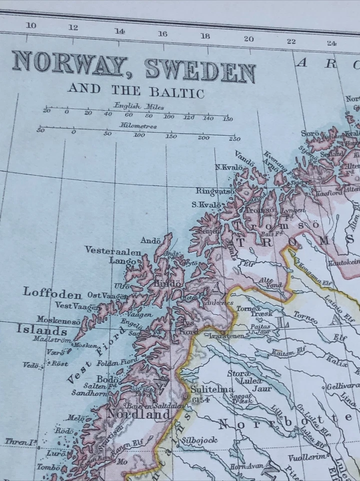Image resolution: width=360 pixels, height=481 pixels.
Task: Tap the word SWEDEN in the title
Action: (x=201, y=72)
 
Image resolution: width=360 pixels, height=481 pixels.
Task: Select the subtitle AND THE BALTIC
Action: (x=136, y=91)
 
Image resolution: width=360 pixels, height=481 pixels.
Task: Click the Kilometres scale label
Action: (x=138, y=126)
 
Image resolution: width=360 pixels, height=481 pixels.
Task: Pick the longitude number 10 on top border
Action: (x=31, y=26)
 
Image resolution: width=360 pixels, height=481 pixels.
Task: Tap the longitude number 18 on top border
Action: (x=205, y=36)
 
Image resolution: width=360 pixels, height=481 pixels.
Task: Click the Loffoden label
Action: (x=52, y=293)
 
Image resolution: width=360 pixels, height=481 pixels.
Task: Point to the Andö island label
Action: (x=150, y=241)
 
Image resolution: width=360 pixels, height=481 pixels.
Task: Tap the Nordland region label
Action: (x=138, y=415)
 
